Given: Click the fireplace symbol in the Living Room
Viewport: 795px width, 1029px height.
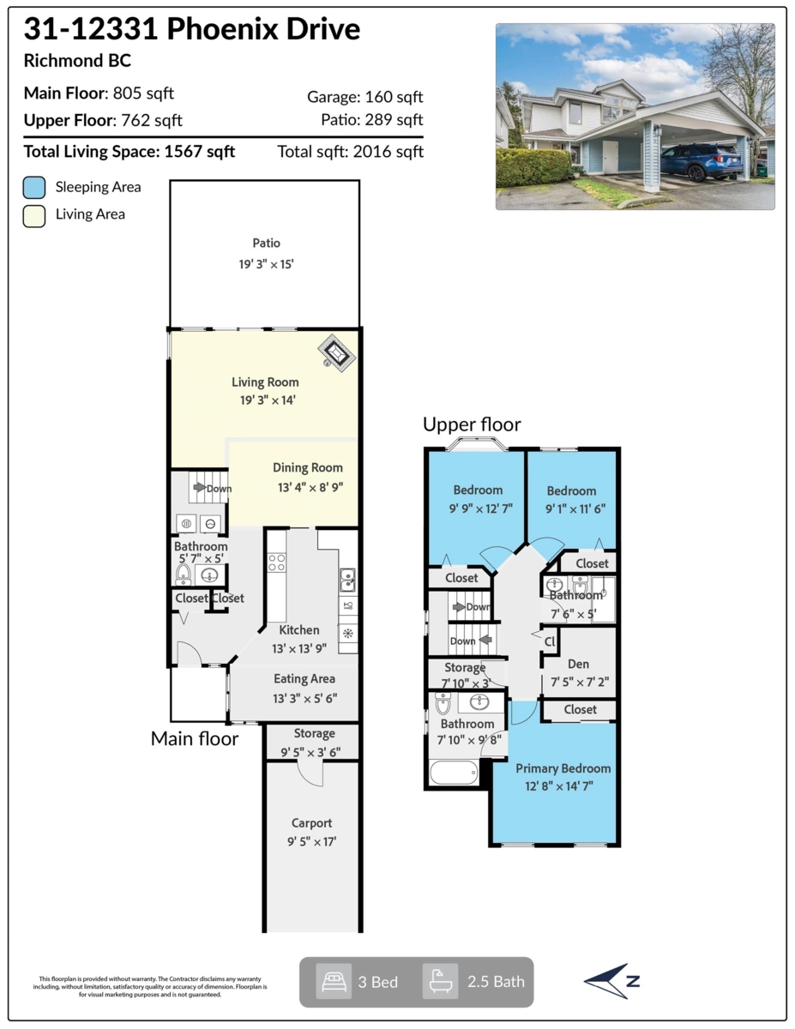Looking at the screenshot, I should point(337,352).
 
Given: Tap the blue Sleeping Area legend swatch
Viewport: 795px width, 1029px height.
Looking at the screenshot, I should point(34,187).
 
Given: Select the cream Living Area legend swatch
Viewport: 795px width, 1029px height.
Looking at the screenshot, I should point(34,214).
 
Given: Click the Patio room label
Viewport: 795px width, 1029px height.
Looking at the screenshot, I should point(266,243).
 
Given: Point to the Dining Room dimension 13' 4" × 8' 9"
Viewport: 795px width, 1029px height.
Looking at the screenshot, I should point(307,487).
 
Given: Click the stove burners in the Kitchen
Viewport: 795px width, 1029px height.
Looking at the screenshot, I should point(277,563).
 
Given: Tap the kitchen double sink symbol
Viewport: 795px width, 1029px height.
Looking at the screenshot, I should point(347,581).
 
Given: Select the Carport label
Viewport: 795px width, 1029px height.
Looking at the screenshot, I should point(310,822).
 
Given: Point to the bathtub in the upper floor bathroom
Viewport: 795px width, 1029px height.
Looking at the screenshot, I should point(453,772).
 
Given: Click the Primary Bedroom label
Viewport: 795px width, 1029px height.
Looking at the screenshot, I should point(563,768).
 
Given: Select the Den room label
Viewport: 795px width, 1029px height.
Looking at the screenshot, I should point(578,664).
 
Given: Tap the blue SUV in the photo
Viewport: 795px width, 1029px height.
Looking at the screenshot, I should point(702,161).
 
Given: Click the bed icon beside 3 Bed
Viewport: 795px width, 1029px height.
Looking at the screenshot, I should point(333,982).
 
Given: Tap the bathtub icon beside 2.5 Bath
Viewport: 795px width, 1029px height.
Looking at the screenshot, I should point(440,982).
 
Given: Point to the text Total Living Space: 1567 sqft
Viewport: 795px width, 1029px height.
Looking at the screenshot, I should point(129,152).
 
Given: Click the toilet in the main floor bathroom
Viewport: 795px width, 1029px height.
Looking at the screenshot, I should point(183,574).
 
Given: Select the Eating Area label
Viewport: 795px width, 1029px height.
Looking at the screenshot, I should point(304,678).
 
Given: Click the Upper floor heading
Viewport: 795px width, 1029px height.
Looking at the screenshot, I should point(472,424).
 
